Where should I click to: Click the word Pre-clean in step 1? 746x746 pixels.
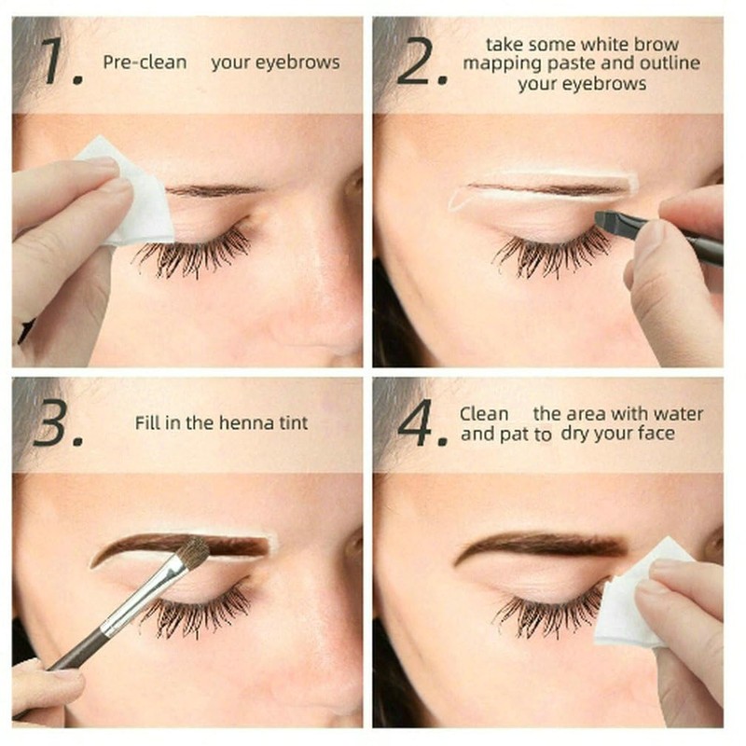pos(145,63)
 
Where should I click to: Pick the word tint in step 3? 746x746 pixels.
pos(291,423)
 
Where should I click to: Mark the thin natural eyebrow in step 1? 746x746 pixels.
pos(214,190)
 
